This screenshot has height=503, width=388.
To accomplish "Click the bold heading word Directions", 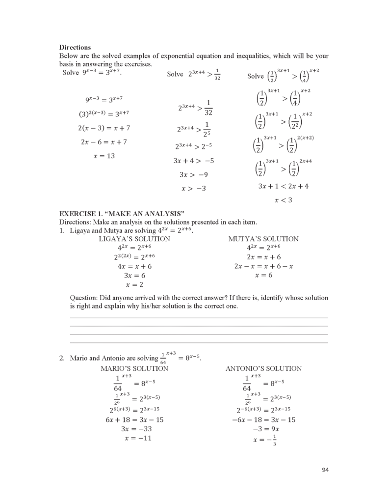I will point(75,48).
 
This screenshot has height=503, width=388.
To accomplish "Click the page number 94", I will point(325,470).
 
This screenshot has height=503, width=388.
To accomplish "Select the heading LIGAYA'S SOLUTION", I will point(134,239).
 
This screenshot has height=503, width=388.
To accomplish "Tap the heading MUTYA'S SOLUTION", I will point(263,239).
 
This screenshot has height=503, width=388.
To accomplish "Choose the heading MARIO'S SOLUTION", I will point(134,368).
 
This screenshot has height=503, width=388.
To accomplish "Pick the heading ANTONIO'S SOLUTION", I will point(263,368).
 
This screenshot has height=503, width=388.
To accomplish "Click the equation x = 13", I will point(103,156).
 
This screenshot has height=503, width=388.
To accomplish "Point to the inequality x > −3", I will point(194,189).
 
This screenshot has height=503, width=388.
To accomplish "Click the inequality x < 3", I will point(283,200).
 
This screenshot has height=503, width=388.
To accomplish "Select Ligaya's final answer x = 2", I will point(134,285).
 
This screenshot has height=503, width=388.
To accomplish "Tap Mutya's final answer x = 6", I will point(263,276).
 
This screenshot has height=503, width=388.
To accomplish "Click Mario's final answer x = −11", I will point(134,438).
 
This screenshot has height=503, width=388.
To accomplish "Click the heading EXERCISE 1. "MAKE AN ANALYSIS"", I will point(122,214).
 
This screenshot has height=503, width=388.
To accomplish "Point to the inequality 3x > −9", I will point(194,175).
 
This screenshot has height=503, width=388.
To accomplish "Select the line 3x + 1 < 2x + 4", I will point(283,187).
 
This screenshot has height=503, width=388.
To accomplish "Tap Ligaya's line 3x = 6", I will point(134,276).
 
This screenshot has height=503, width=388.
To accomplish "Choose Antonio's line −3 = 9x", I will point(263,429).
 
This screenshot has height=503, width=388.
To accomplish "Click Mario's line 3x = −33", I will point(134,429).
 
